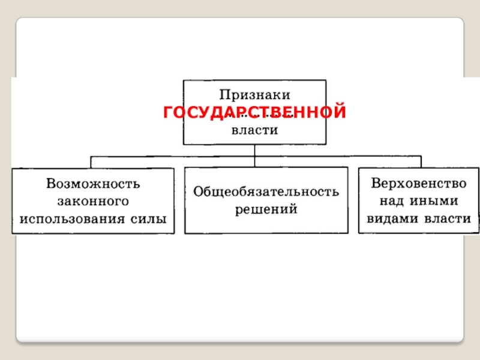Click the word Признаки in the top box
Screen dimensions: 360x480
[x=255, y=94]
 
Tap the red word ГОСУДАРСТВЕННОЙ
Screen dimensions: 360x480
[x=255, y=112]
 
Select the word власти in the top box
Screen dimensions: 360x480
[x=255, y=131]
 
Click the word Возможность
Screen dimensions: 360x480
[x=93, y=182]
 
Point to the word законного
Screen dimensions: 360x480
[x=93, y=200]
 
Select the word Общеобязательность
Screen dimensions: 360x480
[x=266, y=191]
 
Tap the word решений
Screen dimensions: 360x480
[x=266, y=209]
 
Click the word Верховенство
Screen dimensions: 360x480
[x=419, y=182]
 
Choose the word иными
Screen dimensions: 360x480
[x=436, y=200]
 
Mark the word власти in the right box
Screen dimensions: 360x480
[x=447, y=218]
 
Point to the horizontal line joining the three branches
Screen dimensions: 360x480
[x=174, y=156]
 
